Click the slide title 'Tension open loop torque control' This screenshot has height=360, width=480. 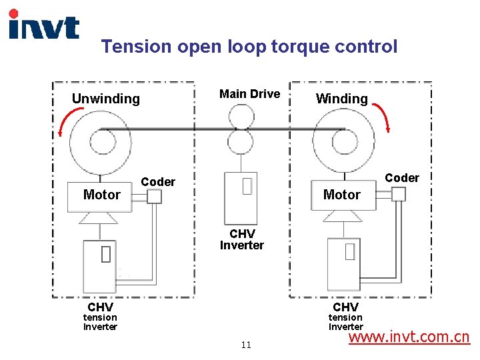coord(249,47)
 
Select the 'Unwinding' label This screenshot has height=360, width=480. coord(105,99)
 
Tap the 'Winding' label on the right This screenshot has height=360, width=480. coord(341,99)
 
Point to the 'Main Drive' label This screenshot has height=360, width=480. coord(249,94)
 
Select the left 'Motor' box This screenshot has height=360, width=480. coord(102,195)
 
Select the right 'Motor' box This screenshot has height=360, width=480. coord(341,195)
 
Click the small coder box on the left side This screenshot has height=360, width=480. coord(154,196)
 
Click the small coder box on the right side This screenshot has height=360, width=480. coord(399,193)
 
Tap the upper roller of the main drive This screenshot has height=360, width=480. coord(241,118)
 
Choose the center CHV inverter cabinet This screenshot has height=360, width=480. coord(241,198)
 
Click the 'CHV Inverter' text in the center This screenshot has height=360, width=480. coord(241,239)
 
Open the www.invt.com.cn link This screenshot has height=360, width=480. coord(409,337)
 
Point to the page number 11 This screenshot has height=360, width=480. coord(246,345)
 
